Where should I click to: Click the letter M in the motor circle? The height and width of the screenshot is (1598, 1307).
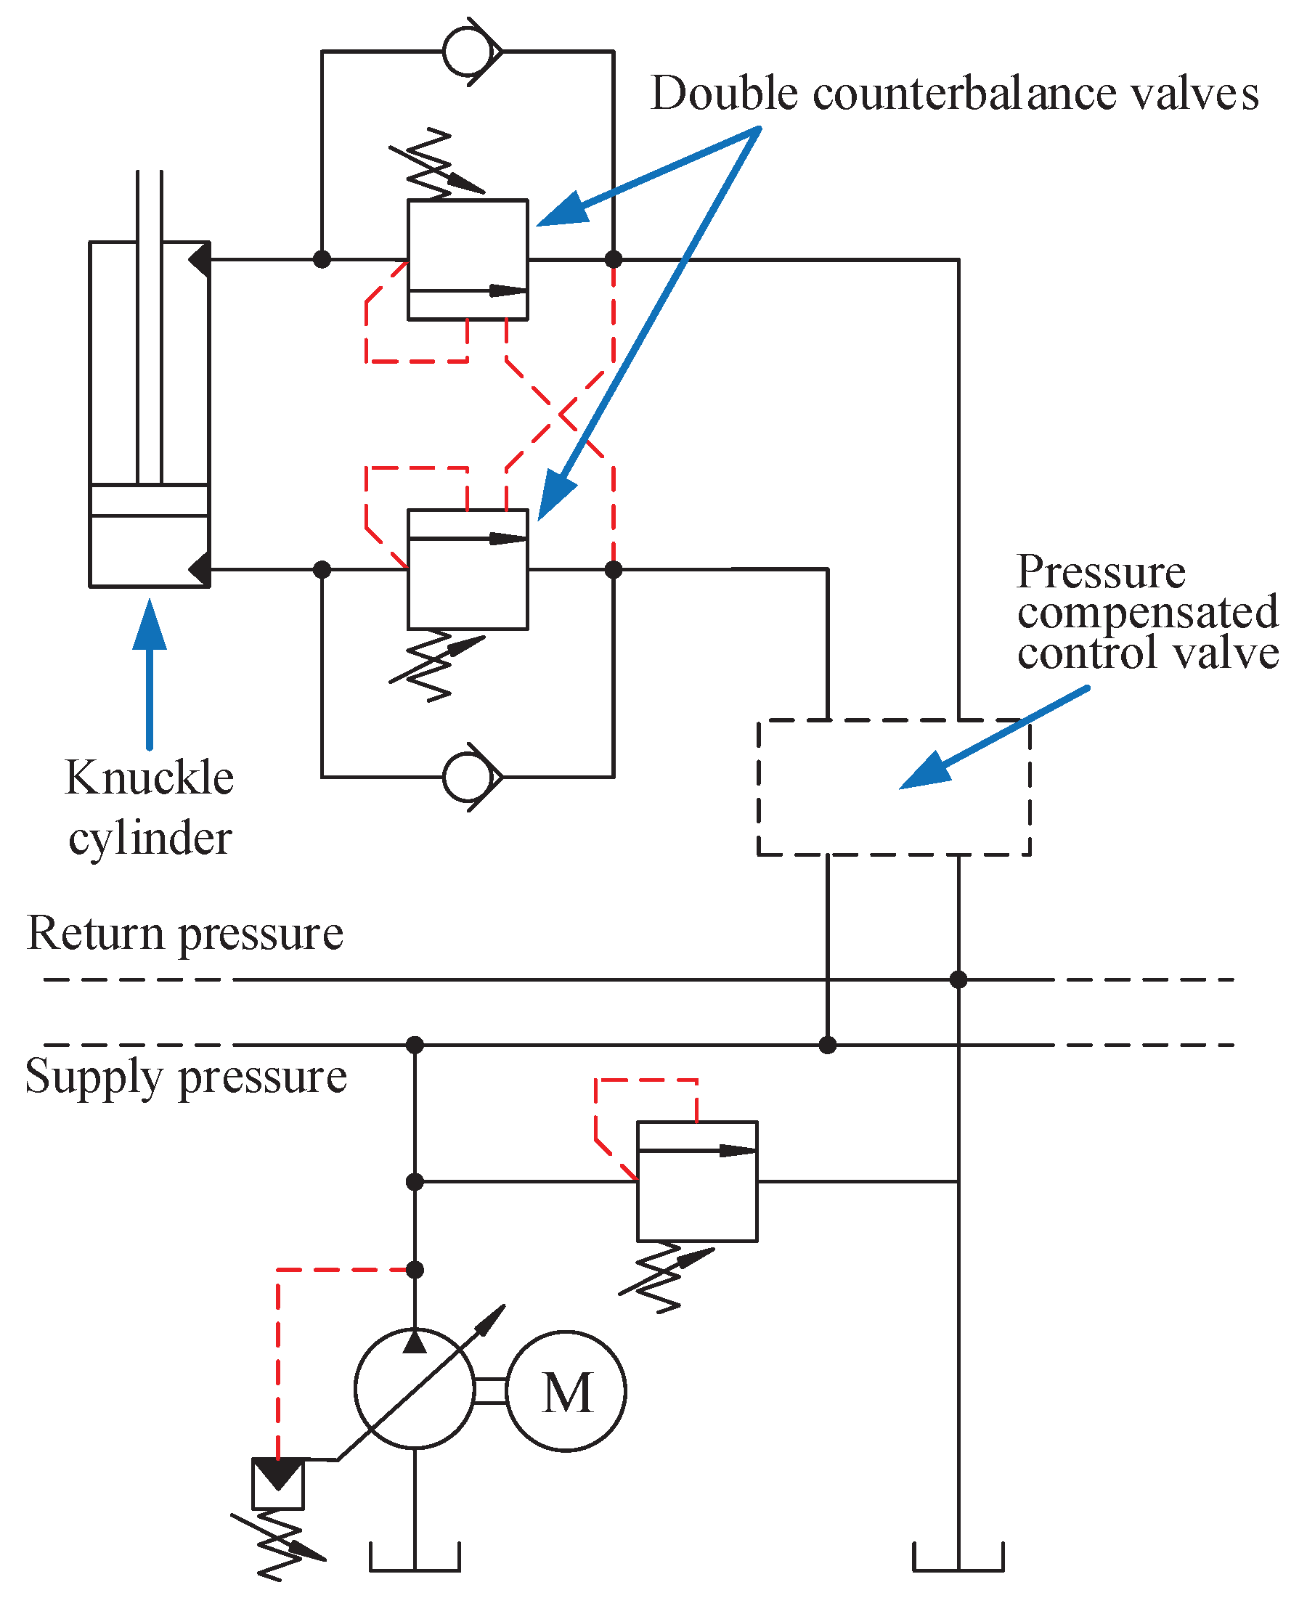point(567,1392)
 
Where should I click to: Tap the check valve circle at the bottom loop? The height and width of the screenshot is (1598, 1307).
point(468,777)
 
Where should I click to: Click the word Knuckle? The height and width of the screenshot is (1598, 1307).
point(149,778)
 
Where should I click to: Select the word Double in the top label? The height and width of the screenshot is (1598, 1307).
point(723,94)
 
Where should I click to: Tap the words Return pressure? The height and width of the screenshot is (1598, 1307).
point(184,934)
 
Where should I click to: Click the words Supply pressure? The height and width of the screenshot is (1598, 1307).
point(186,1077)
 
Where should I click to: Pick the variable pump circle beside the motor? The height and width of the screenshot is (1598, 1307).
point(415,1389)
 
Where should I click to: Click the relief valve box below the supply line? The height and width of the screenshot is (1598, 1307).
point(697,1181)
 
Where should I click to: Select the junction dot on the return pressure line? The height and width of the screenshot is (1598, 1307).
point(958,979)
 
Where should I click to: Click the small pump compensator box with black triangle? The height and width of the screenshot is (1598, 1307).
point(278,1483)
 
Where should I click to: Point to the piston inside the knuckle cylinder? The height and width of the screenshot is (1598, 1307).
point(149,500)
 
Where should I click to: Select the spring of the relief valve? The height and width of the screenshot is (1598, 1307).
point(662,1279)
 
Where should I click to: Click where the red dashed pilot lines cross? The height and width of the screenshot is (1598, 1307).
point(560,415)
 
